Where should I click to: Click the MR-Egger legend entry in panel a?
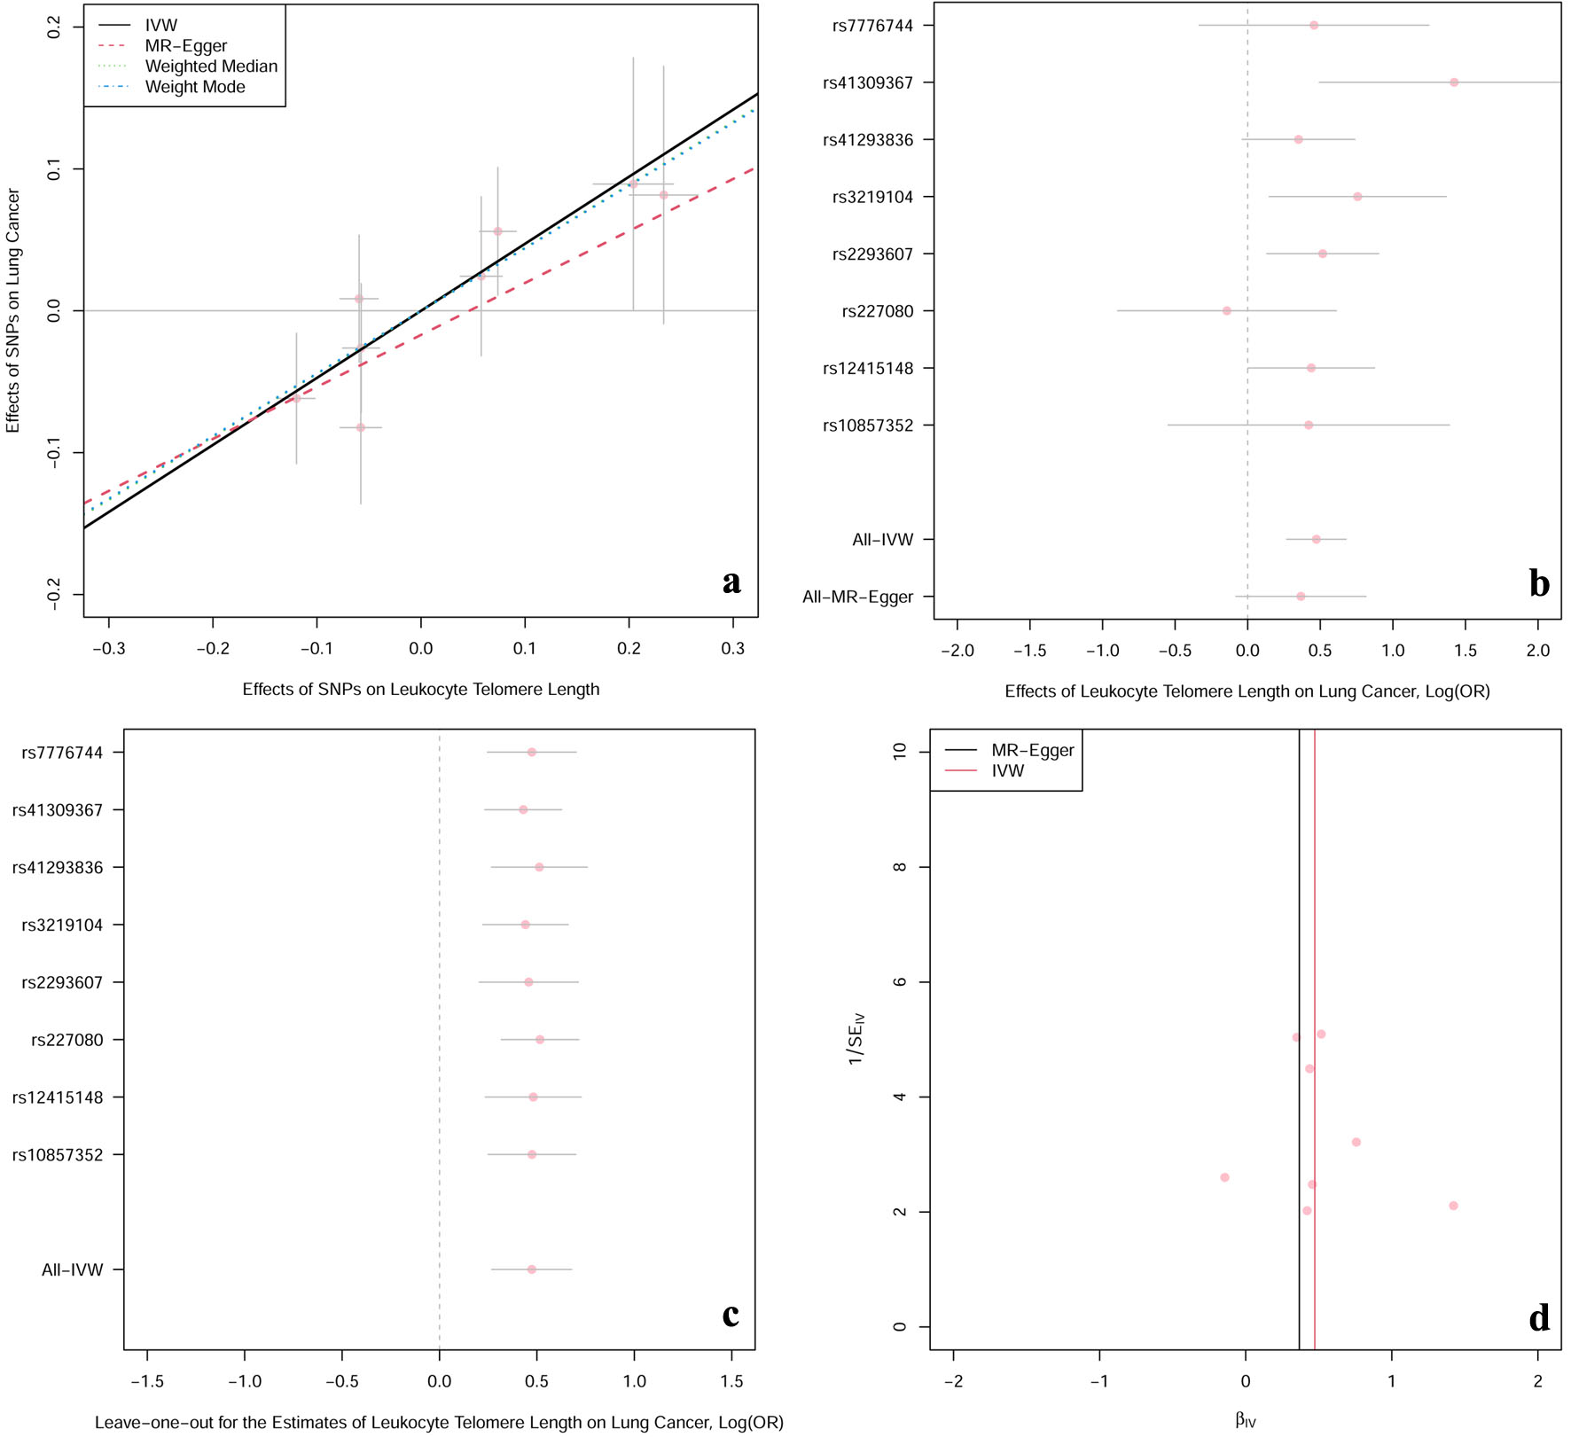click(x=185, y=46)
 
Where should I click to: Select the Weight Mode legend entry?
click(x=194, y=87)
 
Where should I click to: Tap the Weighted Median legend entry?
click(x=211, y=66)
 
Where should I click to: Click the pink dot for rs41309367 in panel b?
click(x=1454, y=82)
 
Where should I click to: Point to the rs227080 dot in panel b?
click(x=1227, y=311)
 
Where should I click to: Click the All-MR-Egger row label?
click(x=857, y=597)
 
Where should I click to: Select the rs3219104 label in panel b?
click(x=872, y=198)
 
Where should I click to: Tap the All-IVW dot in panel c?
click(x=532, y=1269)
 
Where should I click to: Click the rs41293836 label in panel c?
click(x=58, y=868)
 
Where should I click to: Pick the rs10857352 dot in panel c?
click(x=532, y=1154)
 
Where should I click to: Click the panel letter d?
click(x=1539, y=1318)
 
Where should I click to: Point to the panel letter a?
click(x=731, y=582)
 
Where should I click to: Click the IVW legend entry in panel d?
click(x=1007, y=771)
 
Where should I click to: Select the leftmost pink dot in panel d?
click(x=1224, y=1177)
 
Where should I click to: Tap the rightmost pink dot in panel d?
click(x=1453, y=1206)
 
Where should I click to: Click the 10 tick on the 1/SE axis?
click(x=901, y=752)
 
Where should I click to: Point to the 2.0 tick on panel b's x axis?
click(x=1538, y=651)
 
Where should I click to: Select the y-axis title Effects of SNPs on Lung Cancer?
click(x=12, y=310)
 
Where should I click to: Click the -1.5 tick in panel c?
click(x=147, y=1381)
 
